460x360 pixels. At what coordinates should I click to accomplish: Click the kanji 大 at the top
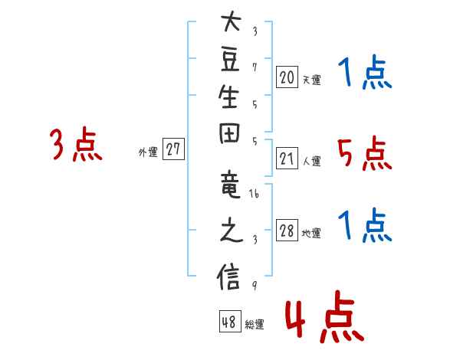point(232,21)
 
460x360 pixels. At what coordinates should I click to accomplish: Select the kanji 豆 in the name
point(230,60)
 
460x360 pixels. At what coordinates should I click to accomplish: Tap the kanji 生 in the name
point(228,97)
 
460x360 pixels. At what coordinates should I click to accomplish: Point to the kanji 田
point(229,133)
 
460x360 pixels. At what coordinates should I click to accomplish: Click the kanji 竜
point(231,185)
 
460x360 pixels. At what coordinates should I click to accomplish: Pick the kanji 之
point(232,230)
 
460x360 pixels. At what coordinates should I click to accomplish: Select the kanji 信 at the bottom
point(228,277)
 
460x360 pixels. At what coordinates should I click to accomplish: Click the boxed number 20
point(287,77)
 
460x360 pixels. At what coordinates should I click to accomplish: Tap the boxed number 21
point(287,159)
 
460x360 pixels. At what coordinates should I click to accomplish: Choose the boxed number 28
point(287,230)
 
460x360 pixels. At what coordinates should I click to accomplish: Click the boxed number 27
point(173,149)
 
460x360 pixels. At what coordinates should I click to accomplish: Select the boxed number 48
point(230,321)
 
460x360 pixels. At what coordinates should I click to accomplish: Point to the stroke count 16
point(254,194)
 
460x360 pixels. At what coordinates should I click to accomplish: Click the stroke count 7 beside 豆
point(255,67)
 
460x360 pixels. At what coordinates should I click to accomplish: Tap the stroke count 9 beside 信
point(255,285)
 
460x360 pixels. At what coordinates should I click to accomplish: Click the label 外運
point(148,152)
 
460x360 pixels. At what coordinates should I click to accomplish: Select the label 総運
point(254,324)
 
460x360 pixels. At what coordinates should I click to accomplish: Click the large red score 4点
point(325,316)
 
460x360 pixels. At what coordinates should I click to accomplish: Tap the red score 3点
point(76,144)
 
